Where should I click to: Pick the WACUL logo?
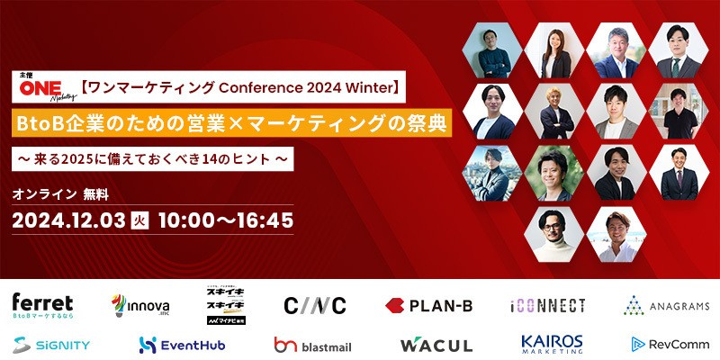pos(436,344)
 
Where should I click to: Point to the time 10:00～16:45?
pos(225,219)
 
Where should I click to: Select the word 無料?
pos(95,193)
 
